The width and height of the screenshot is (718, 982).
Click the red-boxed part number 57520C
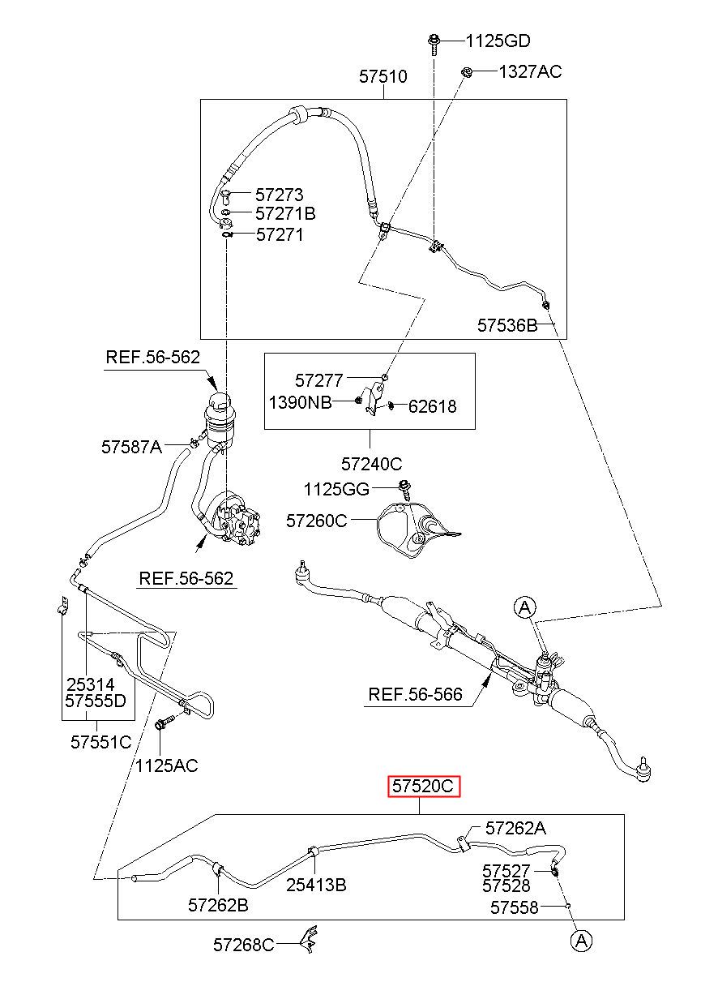click(x=424, y=786)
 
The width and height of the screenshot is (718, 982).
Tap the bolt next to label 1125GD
click(x=434, y=44)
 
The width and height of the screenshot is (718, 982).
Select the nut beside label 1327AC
click(x=466, y=72)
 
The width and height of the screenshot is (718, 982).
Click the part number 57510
click(x=383, y=76)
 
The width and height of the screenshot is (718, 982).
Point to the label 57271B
click(x=285, y=213)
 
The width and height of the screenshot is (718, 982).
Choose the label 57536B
click(x=506, y=325)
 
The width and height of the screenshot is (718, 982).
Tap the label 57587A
click(x=131, y=447)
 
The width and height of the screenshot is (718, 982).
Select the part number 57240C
click(x=371, y=464)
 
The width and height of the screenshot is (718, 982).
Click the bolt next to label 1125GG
click(x=404, y=490)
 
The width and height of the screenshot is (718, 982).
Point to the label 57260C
click(x=316, y=521)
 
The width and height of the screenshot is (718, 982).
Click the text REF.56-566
click(x=415, y=694)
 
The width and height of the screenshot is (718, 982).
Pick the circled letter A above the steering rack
click(x=525, y=607)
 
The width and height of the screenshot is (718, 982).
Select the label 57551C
click(x=100, y=742)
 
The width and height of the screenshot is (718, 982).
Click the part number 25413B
click(x=316, y=885)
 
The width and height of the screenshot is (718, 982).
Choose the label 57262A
click(x=515, y=828)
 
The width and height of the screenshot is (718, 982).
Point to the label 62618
click(x=433, y=406)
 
